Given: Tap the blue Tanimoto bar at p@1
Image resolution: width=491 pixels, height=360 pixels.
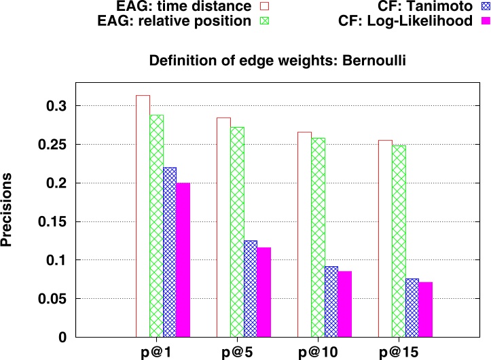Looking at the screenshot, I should pyautogui.click(x=170, y=252).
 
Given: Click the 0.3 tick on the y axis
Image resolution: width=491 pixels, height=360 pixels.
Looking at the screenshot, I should pyautogui.click(x=58, y=106).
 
